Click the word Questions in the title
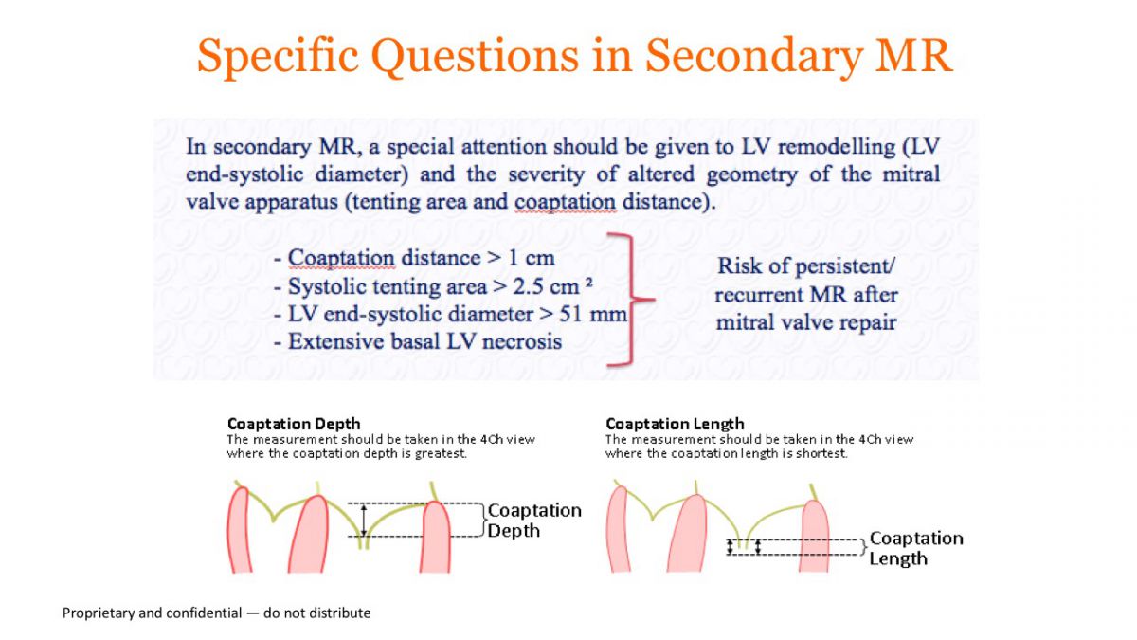[x=475, y=55]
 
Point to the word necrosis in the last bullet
[x=522, y=342]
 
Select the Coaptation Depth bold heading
[x=294, y=424]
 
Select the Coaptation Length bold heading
[x=675, y=424]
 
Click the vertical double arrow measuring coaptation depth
[x=364, y=520]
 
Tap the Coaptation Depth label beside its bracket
[x=534, y=521]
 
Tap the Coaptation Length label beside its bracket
[x=916, y=549]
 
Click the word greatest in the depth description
[x=440, y=453]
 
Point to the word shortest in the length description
[x=821, y=453]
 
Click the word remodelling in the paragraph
[x=837, y=147]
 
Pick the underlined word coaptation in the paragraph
[x=565, y=203]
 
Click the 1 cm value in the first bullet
[x=531, y=258]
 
